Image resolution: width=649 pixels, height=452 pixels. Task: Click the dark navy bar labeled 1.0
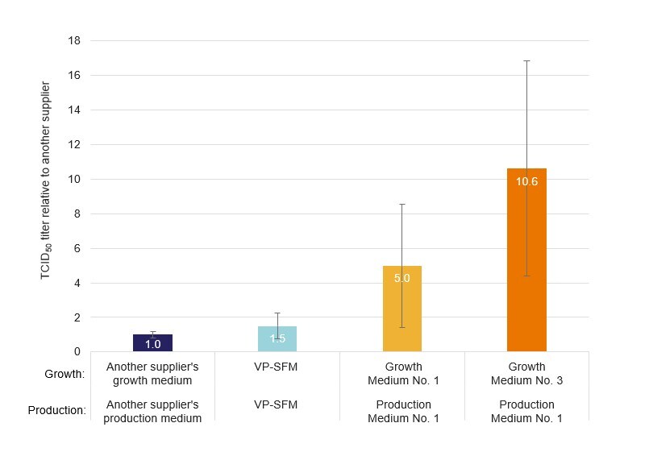pyautogui.click(x=152, y=342)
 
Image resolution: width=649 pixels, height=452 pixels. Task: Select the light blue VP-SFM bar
pyautogui.click(x=277, y=338)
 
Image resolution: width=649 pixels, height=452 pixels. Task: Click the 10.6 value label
pyautogui.click(x=526, y=182)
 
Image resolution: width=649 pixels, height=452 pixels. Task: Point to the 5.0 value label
pyautogui.click(x=401, y=279)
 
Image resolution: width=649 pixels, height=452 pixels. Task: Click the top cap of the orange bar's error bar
pyautogui.click(x=526, y=60)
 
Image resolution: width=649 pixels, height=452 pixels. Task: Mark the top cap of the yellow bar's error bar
pyautogui.click(x=401, y=204)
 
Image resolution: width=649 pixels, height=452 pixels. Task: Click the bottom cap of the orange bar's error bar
pyautogui.click(x=526, y=276)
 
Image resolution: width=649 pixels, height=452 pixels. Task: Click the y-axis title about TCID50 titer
pyautogui.click(x=46, y=180)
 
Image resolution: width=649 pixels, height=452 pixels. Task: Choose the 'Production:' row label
pyautogui.click(x=57, y=410)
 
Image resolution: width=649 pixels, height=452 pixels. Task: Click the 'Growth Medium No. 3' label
pyautogui.click(x=526, y=373)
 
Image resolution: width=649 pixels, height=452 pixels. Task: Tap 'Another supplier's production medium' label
pyautogui.click(x=152, y=411)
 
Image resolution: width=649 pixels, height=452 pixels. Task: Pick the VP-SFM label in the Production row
pyautogui.click(x=277, y=404)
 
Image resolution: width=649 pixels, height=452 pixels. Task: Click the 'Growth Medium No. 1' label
pyautogui.click(x=401, y=373)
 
